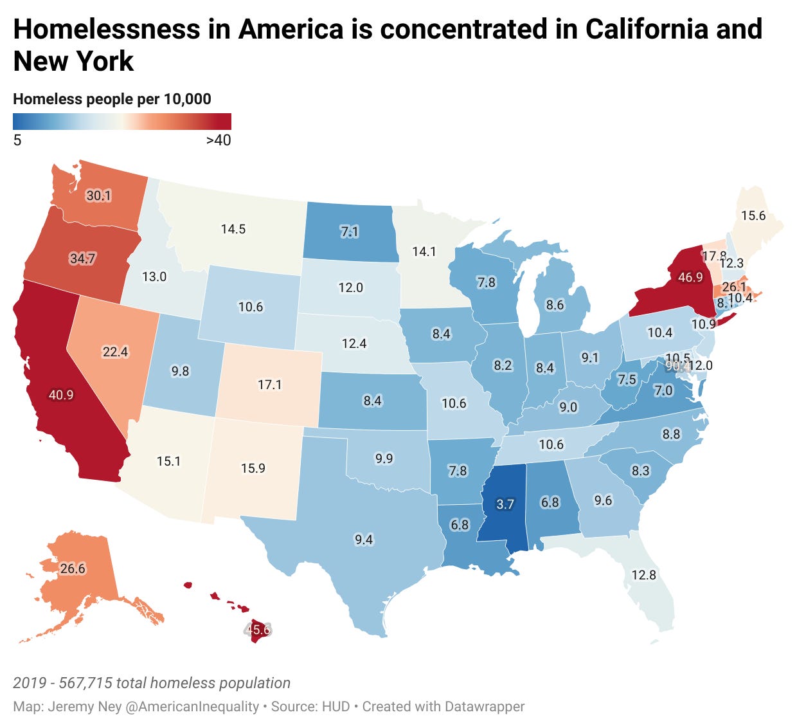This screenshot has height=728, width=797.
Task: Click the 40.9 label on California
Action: click(x=61, y=395)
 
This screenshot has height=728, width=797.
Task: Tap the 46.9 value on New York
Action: click(x=690, y=277)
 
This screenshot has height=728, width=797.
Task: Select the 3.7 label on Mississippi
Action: click(x=505, y=504)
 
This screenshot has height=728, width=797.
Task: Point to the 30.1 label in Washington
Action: click(x=98, y=196)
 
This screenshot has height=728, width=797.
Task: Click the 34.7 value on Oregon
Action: click(x=82, y=259)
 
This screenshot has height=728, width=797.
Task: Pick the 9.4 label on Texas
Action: click(x=364, y=540)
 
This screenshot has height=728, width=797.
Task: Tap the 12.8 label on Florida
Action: click(x=643, y=575)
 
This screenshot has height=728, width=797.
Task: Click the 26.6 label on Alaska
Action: click(x=73, y=569)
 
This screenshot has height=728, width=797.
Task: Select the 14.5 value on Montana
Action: click(x=233, y=229)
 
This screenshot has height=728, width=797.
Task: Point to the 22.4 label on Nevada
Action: click(x=115, y=352)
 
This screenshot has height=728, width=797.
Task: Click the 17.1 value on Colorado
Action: click(x=270, y=385)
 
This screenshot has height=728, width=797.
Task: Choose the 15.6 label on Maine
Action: click(x=753, y=215)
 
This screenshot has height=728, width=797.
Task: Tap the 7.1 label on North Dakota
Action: click(x=349, y=232)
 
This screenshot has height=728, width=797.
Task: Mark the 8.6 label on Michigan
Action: click(x=555, y=305)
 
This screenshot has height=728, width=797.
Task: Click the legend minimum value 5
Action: click(x=17, y=140)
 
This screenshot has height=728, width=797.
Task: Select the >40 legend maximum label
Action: click(x=218, y=140)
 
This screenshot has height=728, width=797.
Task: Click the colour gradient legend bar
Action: click(x=122, y=122)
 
